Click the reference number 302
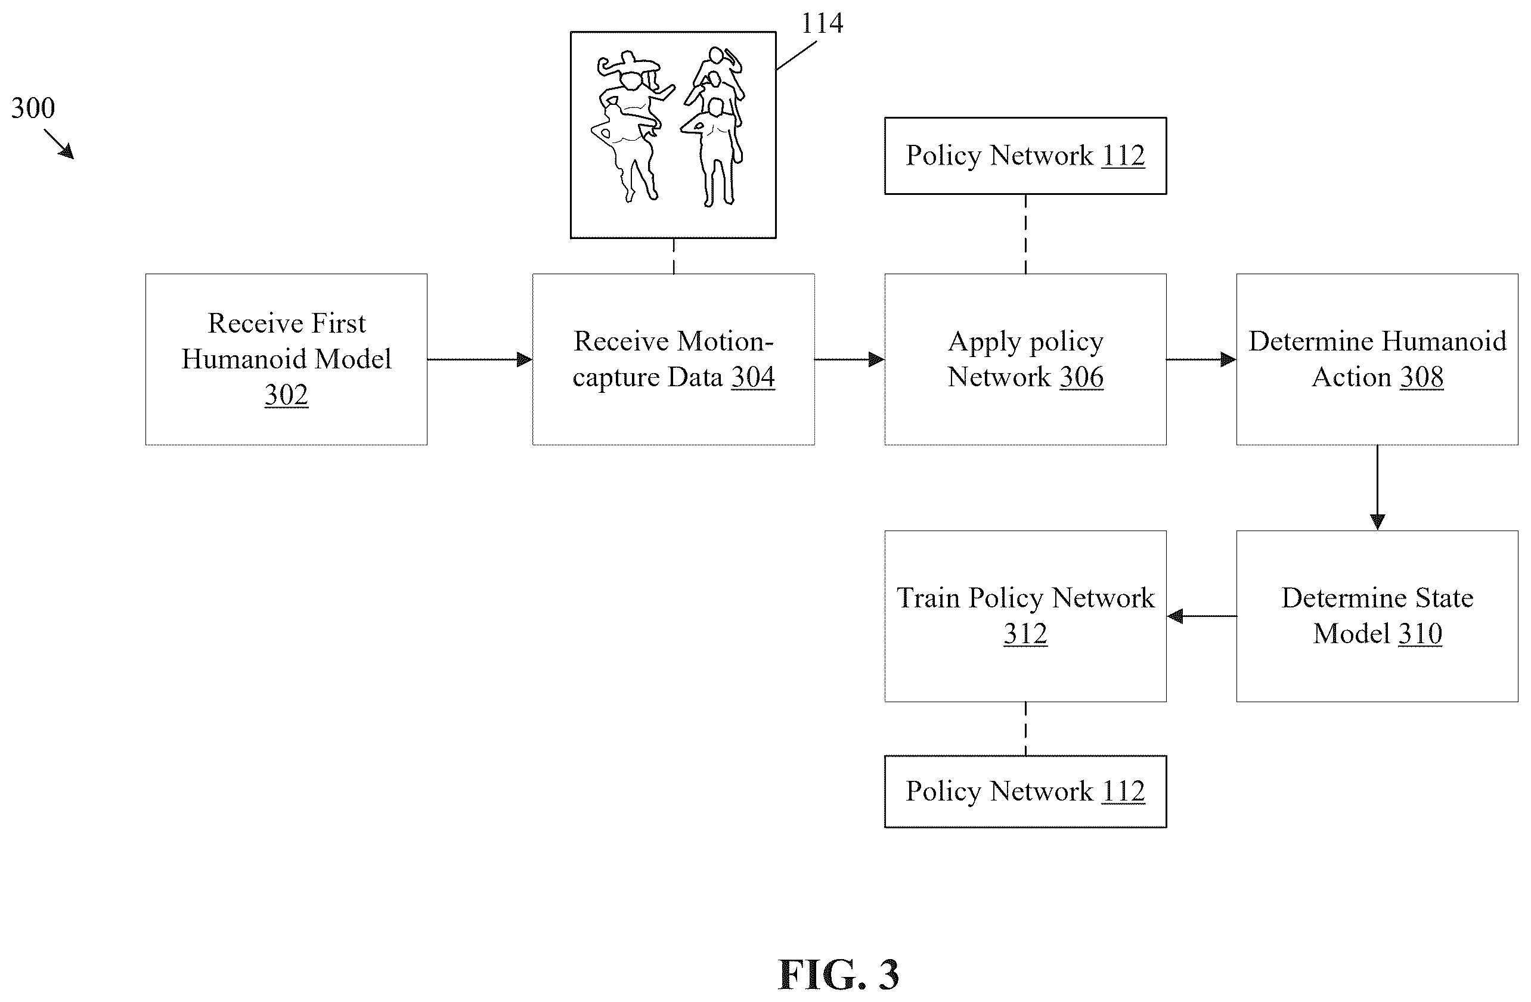(286, 394)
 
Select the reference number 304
(753, 377)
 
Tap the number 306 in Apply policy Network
(1082, 377)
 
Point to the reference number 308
(1422, 377)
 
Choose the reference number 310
(1420, 634)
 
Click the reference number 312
(1025, 634)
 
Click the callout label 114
(822, 23)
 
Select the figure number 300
(33, 107)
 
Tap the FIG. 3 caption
(838, 975)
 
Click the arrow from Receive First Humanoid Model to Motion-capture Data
(480, 359)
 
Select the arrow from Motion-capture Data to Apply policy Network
(850, 359)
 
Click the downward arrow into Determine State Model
(1377, 488)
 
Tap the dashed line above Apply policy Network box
(1025, 234)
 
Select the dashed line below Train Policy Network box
(1025, 728)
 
